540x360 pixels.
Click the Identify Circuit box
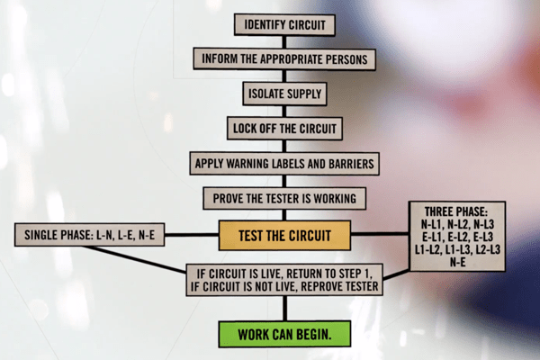pos(283,25)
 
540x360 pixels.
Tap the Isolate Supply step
pos(283,94)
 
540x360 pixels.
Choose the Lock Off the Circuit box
pos(283,128)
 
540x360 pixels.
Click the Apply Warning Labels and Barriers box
pos(283,164)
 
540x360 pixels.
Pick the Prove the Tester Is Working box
pos(283,198)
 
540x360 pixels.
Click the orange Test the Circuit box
pos(283,237)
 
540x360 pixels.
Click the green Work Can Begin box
pos(283,334)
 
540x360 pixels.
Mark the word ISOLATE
pos(268,94)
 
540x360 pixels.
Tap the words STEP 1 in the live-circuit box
pos(354,273)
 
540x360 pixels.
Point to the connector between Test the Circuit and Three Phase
pos(378,237)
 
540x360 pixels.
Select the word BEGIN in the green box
pos(310,334)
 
